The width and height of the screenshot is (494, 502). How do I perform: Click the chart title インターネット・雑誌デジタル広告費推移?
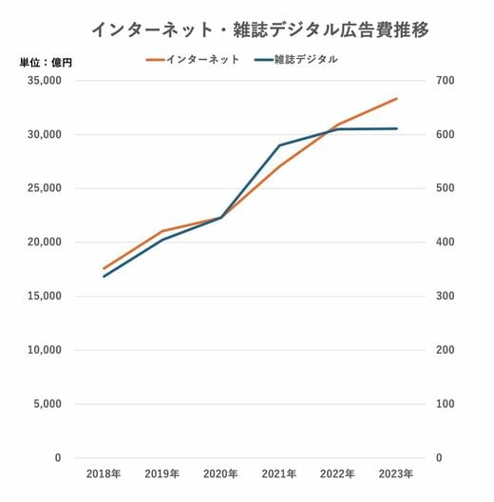tap(260, 30)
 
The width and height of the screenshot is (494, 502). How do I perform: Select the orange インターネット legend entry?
tap(193, 60)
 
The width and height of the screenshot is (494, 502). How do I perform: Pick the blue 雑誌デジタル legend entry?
tap(296, 60)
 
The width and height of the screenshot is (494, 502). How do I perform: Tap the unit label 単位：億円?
tap(46, 63)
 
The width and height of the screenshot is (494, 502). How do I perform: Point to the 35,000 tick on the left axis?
tap(44, 81)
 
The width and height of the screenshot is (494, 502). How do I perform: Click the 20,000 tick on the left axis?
tap(44, 242)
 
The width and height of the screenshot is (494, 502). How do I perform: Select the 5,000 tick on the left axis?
tap(47, 404)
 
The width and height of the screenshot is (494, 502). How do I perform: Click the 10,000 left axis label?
tap(44, 350)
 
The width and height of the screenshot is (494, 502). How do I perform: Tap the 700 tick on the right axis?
tap(445, 81)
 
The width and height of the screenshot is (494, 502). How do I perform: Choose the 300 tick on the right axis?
tap(445, 296)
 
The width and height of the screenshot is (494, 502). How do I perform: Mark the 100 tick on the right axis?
tap(445, 404)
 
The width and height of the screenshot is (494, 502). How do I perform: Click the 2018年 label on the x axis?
tap(104, 473)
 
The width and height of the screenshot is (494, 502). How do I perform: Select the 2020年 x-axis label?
tap(220, 473)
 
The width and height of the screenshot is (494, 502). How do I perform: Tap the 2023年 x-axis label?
tap(396, 473)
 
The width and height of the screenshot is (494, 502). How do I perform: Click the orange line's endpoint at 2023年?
tap(397, 99)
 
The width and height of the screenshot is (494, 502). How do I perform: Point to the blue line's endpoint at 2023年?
tap(397, 128)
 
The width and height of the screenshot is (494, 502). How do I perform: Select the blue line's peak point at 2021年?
tap(279, 145)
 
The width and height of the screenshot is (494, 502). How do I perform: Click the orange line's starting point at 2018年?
tap(104, 268)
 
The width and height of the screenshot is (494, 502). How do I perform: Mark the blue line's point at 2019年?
tap(162, 240)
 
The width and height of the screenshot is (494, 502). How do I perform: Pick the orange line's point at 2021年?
tap(279, 166)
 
